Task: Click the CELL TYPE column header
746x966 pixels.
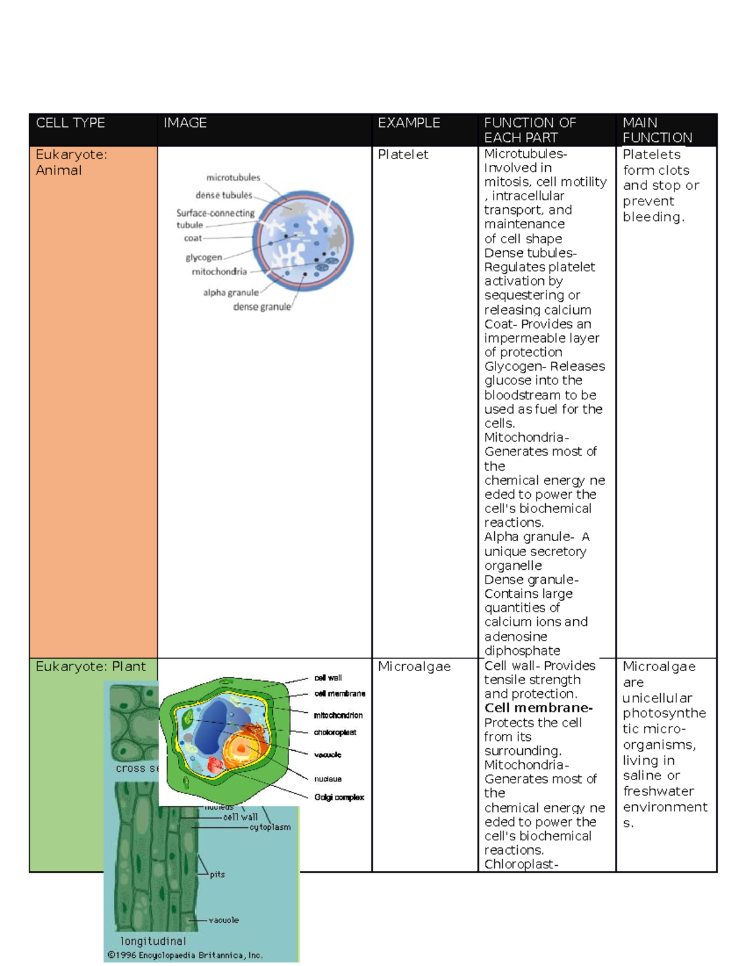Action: [x=70, y=123]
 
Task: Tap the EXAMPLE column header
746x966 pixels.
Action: [x=409, y=123]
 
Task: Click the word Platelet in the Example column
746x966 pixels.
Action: [x=403, y=154]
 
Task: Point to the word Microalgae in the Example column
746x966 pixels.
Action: [x=414, y=667]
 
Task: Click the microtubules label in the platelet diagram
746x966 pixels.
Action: [x=233, y=178]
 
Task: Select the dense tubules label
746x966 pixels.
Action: [x=224, y=195]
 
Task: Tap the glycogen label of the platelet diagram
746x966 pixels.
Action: [x=203, y=257]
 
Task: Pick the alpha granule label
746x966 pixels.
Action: [x=231, y=292]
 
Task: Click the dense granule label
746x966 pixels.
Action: [x=262, y=307]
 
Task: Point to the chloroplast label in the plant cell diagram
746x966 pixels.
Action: [x=335, y=733]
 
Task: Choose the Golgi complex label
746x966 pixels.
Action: [x=339, y=797]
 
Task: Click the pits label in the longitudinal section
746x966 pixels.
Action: [x=217, y=875]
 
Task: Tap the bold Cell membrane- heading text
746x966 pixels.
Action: [x=538, y=708]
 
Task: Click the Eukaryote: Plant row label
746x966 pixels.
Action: [x=91, y=667]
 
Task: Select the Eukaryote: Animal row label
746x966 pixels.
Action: [x=71, y=162]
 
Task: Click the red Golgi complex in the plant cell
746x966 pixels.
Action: [x=215, y=764]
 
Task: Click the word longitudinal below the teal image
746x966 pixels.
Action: [x=153, y=941]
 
